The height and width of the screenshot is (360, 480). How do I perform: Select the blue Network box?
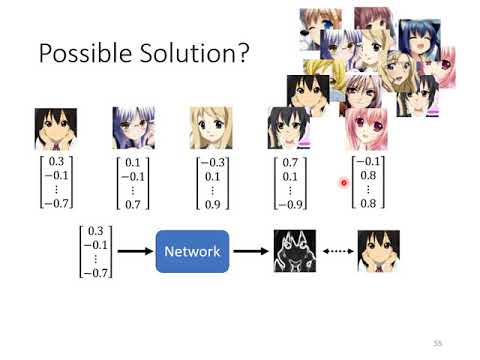click(192, 251)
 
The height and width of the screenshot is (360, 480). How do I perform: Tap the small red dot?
click(344, 183)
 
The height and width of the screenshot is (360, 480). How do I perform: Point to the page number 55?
click(438, 341)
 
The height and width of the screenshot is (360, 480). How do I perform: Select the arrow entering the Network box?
click(133, 251)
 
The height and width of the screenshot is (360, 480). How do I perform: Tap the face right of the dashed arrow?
click(379, 251)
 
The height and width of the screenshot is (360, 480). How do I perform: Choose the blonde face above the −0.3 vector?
click(211, 128)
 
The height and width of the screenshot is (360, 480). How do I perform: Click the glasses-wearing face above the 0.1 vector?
click(133, 128)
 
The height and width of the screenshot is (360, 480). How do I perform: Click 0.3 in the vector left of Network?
click(96, 231)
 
